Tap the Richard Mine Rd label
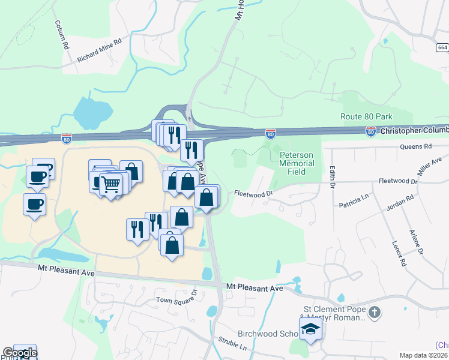[x=99, y=50]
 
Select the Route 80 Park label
[x=366, y=117]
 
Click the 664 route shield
[x=442, y=47]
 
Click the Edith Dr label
[x=331, y=176]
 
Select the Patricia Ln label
[x=356, y=204]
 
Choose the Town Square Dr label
[x=176, y=299]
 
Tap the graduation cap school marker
[x=310, y=329]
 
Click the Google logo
[x=20, y=353]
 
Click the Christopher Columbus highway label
[x=414, y=130]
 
